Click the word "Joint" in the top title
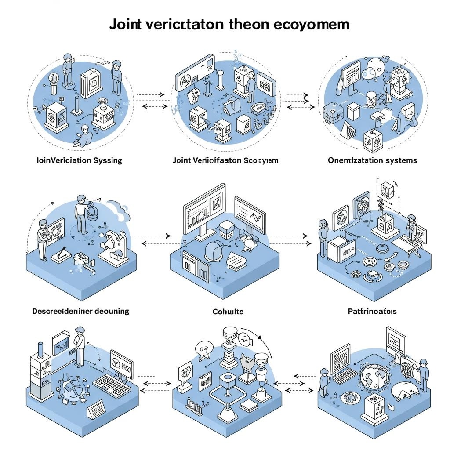[123, 24]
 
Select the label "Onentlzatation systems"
[372, 160]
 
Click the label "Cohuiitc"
[225, 312]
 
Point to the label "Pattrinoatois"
[372, 312]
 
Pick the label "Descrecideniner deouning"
[81, 311]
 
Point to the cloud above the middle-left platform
[116, 207]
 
